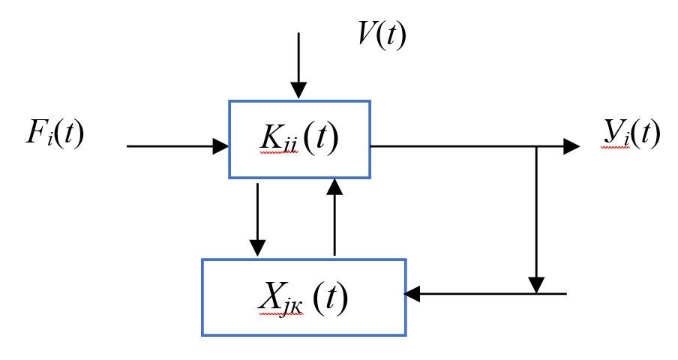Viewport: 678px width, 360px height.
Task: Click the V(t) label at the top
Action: pyautogui.click(x=381, y=35)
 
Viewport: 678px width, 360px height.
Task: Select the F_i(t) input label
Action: pyautogui.click(x=54, y=133)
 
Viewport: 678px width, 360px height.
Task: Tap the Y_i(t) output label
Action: pyautogui.click(x=631, y=133)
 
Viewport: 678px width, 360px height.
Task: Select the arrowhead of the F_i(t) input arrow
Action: pyautogui.click(x=220, y=146)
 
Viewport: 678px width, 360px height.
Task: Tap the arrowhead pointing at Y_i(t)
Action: pyautogui.click(x=571, y=146)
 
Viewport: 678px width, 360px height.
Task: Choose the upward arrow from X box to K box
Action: pyautogui.click(x=334, y=217)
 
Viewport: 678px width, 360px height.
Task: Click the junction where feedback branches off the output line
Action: pyautogui.click(x=536, y=146)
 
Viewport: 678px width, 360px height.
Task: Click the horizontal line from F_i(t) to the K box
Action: pyautogui.click(x=172, y=146)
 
